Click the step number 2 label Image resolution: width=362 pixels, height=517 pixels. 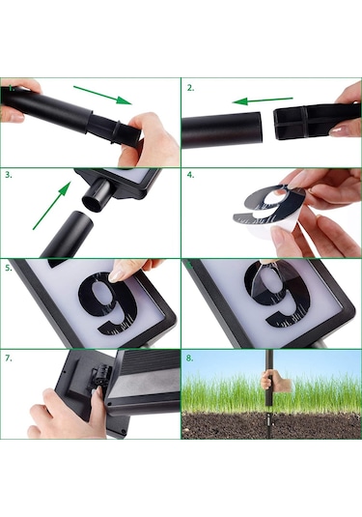[190, 88]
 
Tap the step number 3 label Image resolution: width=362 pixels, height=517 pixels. [9, 175]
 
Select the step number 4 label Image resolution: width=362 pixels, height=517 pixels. [190, 175]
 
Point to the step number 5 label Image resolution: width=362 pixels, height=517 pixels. [9, 268]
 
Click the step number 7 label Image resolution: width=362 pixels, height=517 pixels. [9, 359]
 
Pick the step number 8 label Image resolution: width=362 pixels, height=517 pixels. [190, 359]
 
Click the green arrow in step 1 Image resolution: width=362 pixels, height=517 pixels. [102, 96]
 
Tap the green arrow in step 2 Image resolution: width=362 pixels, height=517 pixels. [263, 101]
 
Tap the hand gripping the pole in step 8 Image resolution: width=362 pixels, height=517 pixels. [275, 381]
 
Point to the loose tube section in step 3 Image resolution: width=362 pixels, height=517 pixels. [69, 234]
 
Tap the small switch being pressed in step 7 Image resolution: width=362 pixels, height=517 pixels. [98, 376]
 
